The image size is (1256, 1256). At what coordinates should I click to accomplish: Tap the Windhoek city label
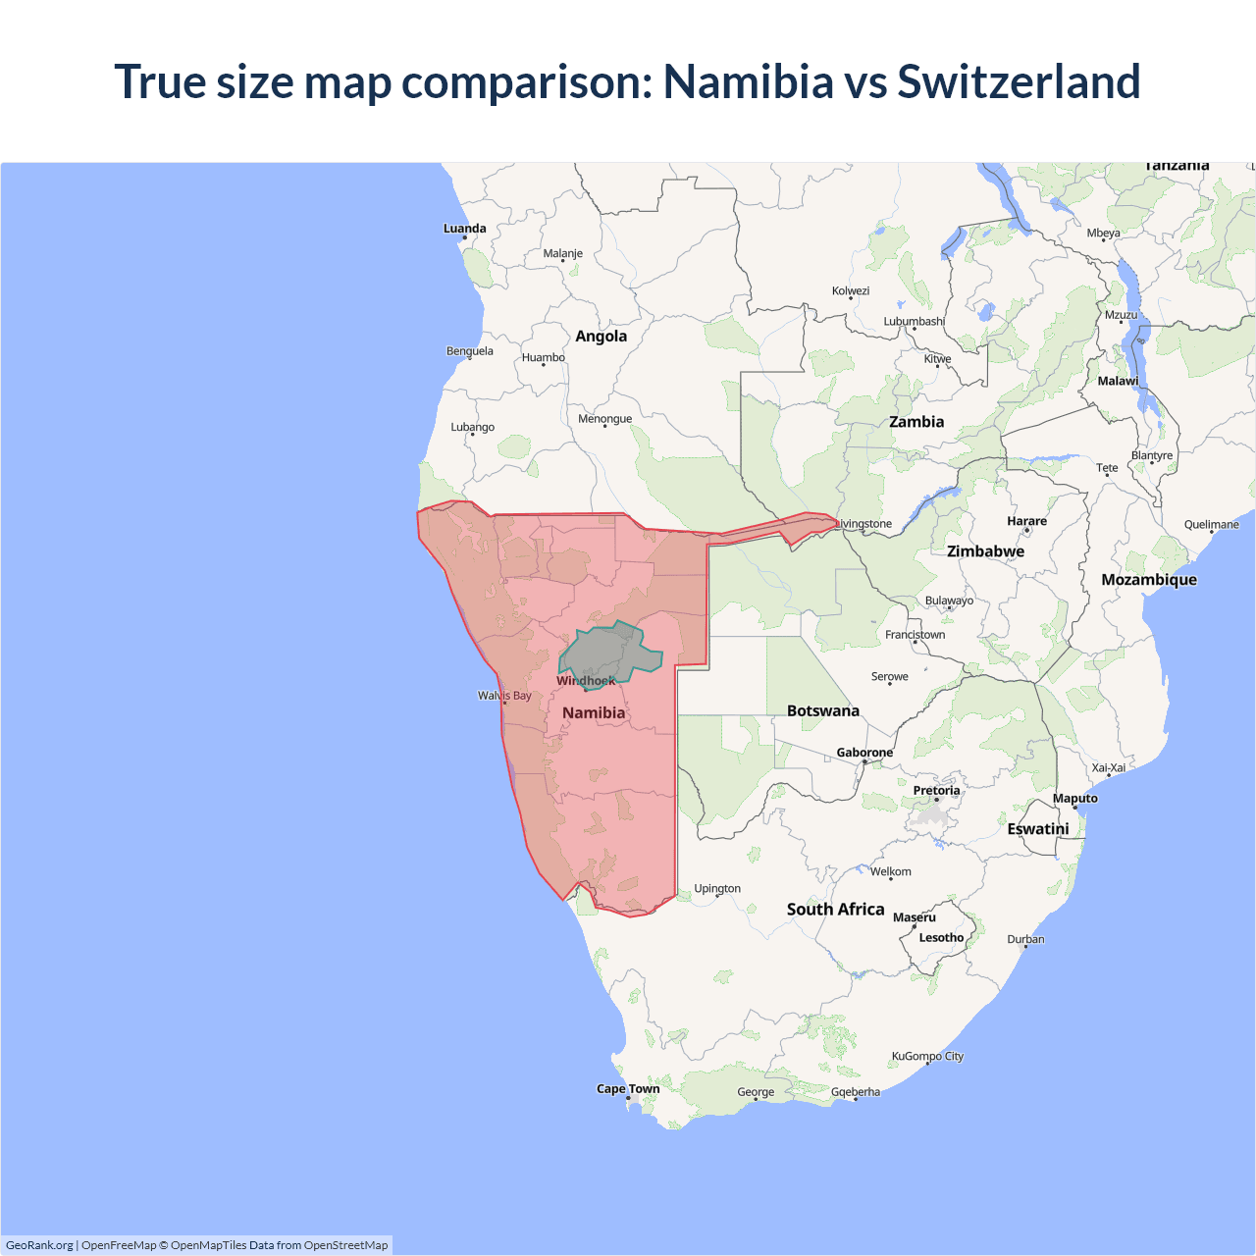click(586, 681)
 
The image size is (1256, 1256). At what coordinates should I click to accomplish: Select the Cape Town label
click(628, 1088)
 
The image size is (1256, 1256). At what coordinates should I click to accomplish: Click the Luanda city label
click(464, 229)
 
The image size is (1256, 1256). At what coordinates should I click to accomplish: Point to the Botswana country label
click(822, 710)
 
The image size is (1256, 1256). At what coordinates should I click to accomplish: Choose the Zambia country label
click(916, 422)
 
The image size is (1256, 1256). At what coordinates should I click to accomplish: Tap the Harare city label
click(1026, 521)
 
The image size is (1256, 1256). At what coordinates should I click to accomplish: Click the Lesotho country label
click(941, 937)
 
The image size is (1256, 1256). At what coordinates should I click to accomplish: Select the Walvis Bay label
click(504, 696)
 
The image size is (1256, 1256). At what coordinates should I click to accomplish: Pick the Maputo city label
click(1074, 798)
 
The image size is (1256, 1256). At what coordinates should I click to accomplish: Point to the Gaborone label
click(864, 753)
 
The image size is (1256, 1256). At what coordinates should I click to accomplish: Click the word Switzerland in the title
click(1019, 81)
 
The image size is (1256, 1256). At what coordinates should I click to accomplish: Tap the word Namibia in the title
click(748, 81)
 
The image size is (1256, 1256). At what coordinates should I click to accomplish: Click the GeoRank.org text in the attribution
click(39, 1245)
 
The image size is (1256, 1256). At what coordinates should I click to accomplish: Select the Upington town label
click(717, 888)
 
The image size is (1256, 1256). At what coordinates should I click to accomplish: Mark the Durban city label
click(1025, 939)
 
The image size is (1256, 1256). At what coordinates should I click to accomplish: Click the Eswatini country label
click(1037, 828)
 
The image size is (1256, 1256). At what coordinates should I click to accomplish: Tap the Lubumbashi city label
click(914, 321)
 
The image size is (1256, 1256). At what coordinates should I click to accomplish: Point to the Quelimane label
click(1211, 524)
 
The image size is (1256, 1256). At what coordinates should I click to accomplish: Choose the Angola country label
click(601, 336)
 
